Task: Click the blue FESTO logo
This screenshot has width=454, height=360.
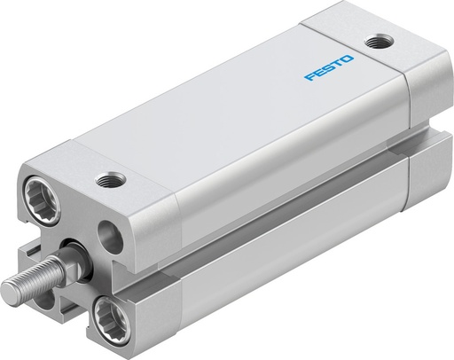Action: [328, 68]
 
